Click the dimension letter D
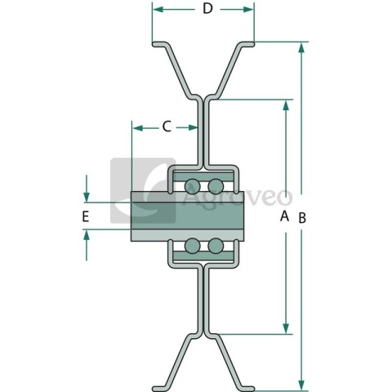pos(207,9)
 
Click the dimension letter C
pos(167,127)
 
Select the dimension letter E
pos(86,217)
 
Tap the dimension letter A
pos(284,216)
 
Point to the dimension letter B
pos(302,218)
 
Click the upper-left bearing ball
pos(193,186)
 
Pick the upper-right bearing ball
pos(216,186)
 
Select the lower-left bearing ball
pos(193,246)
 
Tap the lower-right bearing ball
pos(216,246)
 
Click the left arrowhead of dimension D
pos(158,10)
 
